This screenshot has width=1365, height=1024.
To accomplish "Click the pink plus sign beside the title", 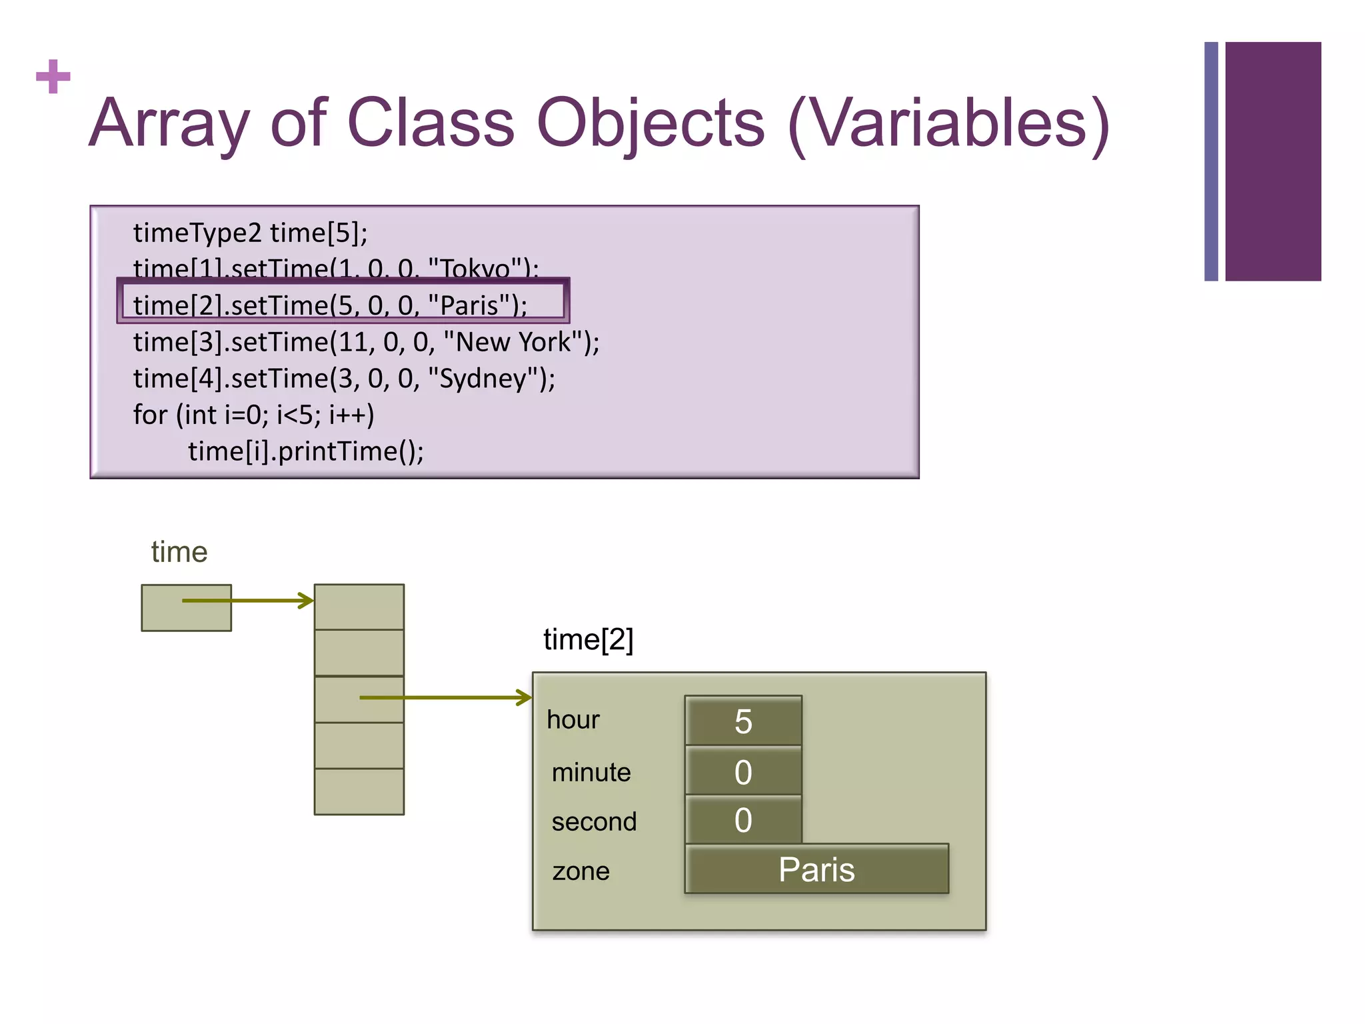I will tap(53, 77).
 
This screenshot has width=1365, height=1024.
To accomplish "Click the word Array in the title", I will tap(169, 123).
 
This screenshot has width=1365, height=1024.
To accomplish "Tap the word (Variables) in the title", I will tap(947, 125).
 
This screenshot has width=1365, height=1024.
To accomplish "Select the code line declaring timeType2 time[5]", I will tap(250, 233).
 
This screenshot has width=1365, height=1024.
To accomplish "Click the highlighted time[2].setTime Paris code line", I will tap(330, 305).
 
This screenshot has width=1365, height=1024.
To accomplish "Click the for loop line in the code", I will tap(253, 415).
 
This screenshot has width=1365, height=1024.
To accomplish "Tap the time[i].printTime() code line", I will tap(305, 451).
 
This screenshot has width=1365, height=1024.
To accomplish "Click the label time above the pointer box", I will tap(179, 552).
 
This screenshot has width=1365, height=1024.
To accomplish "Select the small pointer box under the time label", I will tap(186, 607).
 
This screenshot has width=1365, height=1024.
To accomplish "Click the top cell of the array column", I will tap(359, 607).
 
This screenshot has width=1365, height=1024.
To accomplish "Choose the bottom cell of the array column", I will tap(359, 791).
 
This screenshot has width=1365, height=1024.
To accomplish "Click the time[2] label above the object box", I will tap(588, 639).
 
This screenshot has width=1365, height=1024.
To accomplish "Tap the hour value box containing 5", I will tap(743, 721).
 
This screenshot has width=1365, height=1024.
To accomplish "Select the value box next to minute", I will tap(743, 771).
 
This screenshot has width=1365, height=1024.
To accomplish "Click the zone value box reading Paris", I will tap(816, 869).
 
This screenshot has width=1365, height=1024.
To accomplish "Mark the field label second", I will tap(594, 821).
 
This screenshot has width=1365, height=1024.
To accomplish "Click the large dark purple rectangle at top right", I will tap(1272, 161).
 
